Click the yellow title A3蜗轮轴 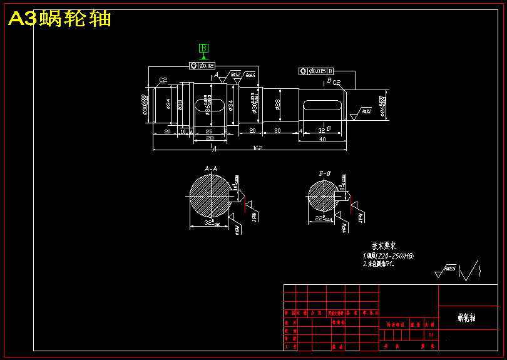click(60, 19)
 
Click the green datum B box click(204, 48)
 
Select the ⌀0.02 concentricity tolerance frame click(202, 66)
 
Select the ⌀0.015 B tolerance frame click(316, 71)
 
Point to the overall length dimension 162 click(257, 148)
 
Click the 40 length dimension click(322, 139)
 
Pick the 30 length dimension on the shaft click(276, 130)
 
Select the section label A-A click(211, 168)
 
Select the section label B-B click(325, 173)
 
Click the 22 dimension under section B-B click(321, 218)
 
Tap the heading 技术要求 click(384, 245)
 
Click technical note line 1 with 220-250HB click(388, 256)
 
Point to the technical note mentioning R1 click(377, 264)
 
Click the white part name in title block click(467, 318)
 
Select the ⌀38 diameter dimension click(180, 104)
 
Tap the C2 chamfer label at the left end click(163, 80)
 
